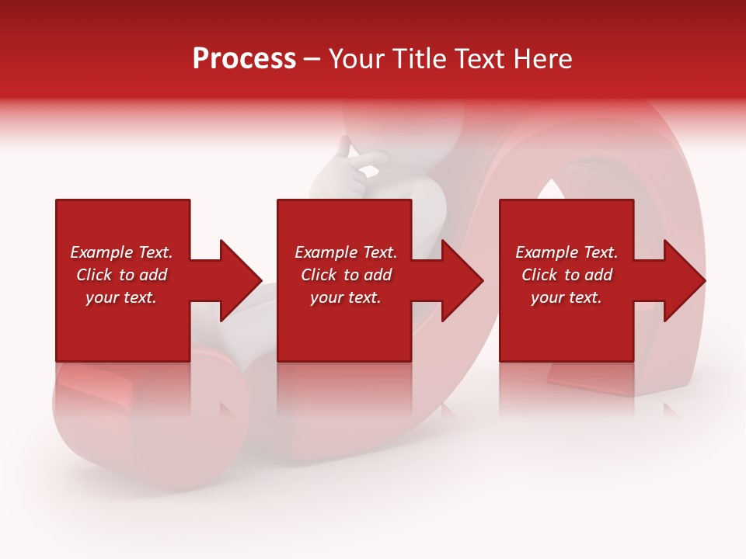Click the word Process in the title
pos(244,59)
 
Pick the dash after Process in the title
pos(312,60)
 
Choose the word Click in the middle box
pos(319,275)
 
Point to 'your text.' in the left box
pos(121,297)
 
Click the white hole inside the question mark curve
pos(553,194)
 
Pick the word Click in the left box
pos(95,275)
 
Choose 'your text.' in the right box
pos(566,297)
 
